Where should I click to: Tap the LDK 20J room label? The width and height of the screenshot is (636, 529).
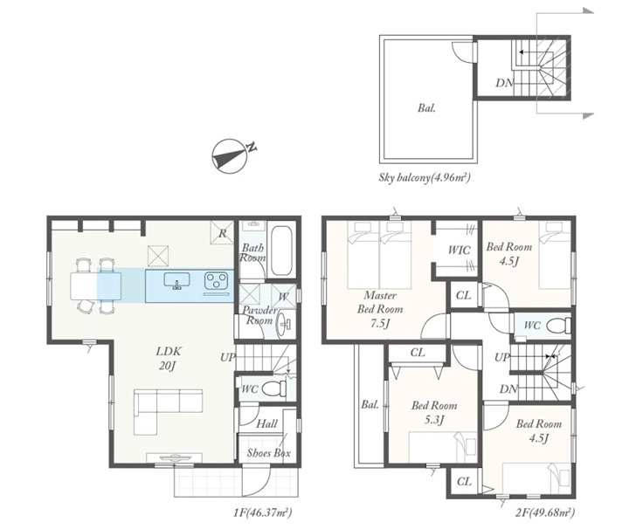point(169,358)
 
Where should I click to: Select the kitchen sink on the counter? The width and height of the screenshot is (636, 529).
point(176,280)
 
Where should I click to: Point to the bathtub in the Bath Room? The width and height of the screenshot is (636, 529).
point(281,251)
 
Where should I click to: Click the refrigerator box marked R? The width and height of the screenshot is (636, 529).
point(222,233)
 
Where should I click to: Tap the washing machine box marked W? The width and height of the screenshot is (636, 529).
point(283,296)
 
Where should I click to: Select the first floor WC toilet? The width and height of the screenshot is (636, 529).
point(272,389)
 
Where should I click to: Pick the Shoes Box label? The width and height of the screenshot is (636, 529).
point(268,453)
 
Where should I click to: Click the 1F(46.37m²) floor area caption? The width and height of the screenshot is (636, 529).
point(262,512)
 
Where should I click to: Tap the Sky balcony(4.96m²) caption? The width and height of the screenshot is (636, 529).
point(425,177)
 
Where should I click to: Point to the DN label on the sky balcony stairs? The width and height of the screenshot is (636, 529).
point(505,83)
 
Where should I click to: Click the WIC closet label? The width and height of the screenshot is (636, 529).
point(459,250)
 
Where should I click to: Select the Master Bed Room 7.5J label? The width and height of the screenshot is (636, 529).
point(380,309)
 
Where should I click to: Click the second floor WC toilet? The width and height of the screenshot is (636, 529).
point(559,325)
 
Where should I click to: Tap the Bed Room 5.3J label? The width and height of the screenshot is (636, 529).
point(434,412)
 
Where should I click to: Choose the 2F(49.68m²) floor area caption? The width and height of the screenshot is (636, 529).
point(544,512)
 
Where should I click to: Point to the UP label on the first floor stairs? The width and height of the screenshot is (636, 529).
point(227,357)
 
